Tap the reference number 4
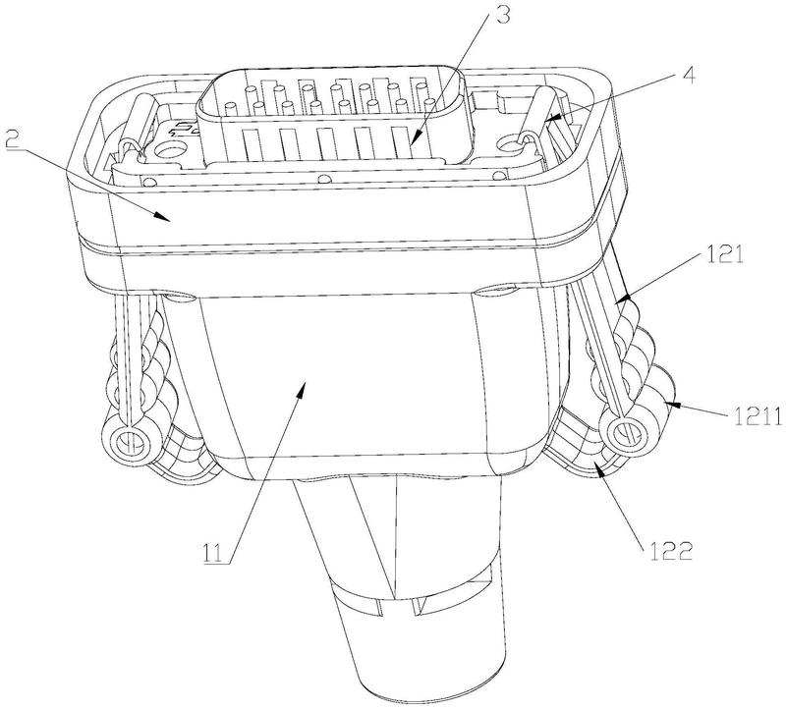pos(688,77)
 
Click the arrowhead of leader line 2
pos(164,217)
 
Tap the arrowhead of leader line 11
pos(302,385)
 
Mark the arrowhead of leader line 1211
pos(668,403)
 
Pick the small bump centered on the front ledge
pos(325,178)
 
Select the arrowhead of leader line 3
pos(413,141)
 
